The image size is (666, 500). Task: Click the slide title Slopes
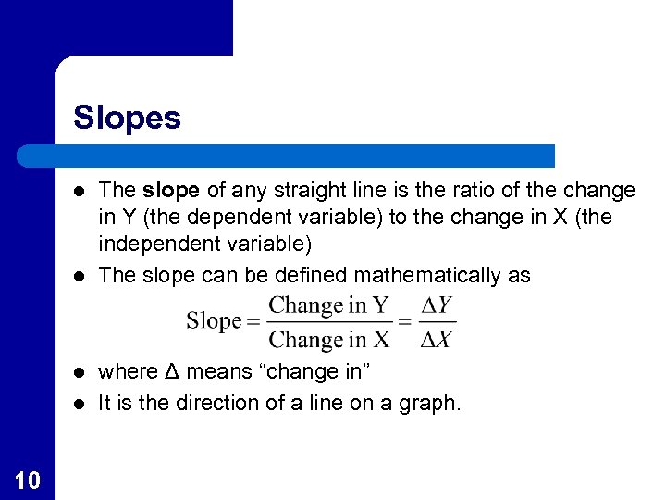click(x=127, y=118)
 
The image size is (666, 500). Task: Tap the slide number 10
click(x=27, y=479)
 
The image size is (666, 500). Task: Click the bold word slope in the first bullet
click(x=172, y=191)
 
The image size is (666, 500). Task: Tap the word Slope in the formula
click(x=214, y=321)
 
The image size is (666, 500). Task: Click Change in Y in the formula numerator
click(x=329, y=305)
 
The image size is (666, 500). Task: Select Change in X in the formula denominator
click(x=329, y=339)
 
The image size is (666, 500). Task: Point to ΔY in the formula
click(x=437, y=305)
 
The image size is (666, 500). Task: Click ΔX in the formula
click(x=437, y=339)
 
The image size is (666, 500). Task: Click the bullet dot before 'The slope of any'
click(x=80, y=192)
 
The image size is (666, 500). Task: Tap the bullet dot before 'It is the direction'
click(x=80, y=404)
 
